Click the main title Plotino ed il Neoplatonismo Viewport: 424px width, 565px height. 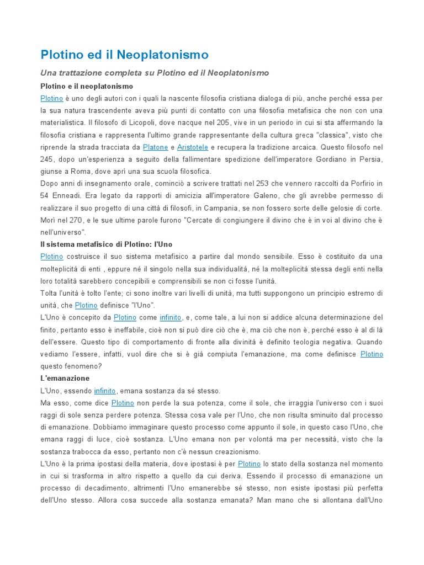click(125, 55)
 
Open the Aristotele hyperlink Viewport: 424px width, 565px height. click(193, 147)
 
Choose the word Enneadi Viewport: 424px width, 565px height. click(66, 196)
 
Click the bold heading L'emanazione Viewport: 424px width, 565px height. click(65, 379)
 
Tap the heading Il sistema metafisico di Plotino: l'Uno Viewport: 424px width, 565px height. click(99, 244)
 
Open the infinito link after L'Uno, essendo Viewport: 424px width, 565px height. click(105, 391)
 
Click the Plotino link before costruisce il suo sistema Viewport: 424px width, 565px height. click(52, 257)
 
